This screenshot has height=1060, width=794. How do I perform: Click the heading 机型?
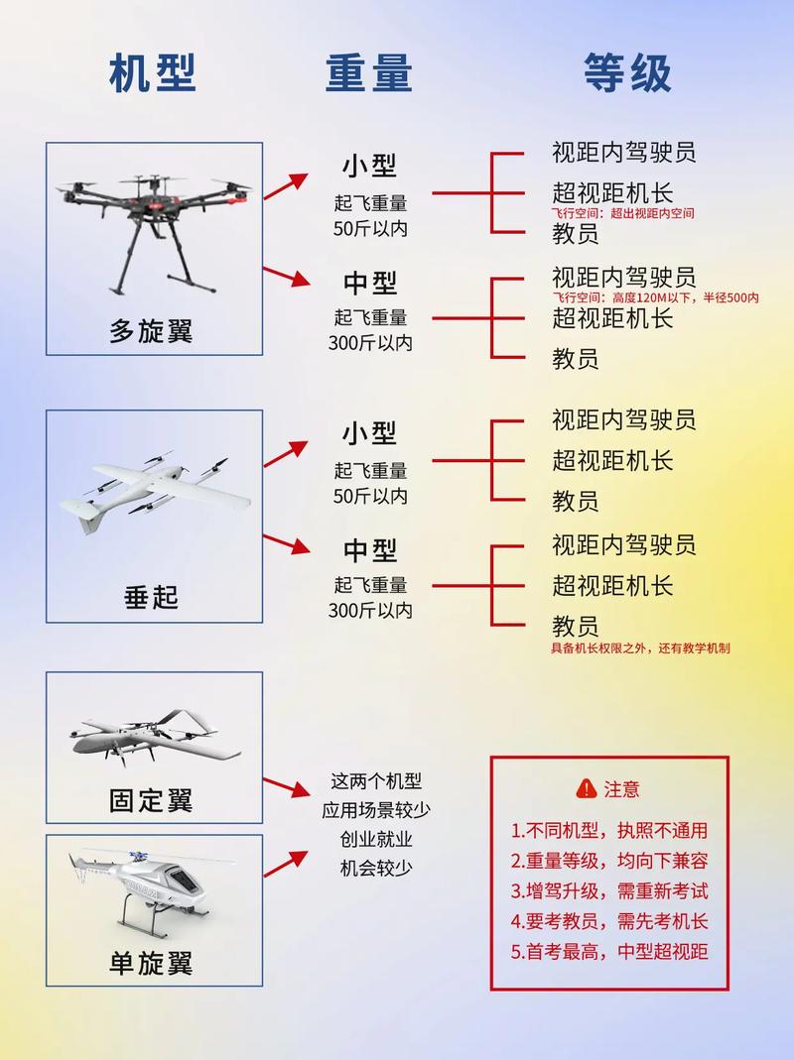click(153, 73)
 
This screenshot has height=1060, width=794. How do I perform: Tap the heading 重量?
click(369, 73)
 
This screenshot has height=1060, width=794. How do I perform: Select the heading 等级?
click(627, 73)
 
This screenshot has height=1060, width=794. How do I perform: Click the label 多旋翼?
click(151, 330)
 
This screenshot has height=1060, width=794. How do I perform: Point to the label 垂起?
click(151, 597)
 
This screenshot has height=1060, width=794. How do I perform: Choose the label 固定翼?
click(151, 800)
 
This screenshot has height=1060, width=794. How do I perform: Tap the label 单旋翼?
click(151, 962)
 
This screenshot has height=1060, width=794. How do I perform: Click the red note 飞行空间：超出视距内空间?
click(623, 213)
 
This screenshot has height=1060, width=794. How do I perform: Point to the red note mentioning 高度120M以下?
click(655, 297)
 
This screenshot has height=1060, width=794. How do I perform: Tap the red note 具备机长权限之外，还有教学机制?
click(641, 648)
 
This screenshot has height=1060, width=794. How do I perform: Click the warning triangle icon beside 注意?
click(585, 789)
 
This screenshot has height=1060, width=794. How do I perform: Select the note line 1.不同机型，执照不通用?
click(609, 831)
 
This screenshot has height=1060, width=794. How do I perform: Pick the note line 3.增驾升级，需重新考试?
click(609, 890)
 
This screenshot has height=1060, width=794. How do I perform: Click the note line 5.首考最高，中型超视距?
click(609, 951)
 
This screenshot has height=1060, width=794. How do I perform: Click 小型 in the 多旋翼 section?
click(370, 166)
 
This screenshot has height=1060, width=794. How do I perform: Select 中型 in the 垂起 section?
click(370, 549)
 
